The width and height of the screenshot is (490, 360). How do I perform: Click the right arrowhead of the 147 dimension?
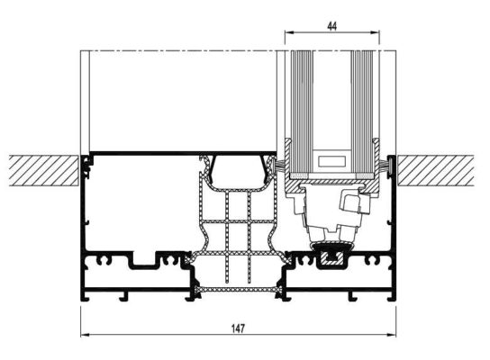(394, 337)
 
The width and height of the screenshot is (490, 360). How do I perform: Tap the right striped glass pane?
(364, 99)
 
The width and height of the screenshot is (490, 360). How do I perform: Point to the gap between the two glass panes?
(331, 99)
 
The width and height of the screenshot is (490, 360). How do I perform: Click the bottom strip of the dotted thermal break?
(238, 290)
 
